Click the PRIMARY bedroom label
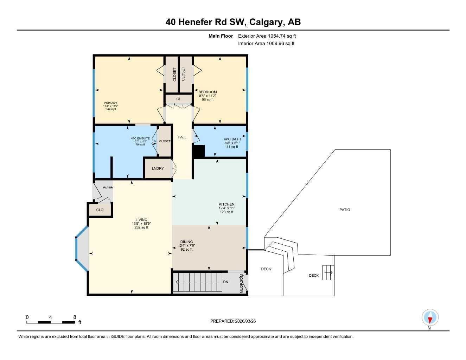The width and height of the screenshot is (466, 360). (110, 103)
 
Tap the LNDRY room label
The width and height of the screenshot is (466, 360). (158, 168)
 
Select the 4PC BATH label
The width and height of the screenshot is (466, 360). (232, 139)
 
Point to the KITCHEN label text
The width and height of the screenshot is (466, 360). (226, 204)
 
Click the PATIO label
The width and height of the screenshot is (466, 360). (345, 210)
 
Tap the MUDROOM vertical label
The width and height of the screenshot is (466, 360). (242, 284)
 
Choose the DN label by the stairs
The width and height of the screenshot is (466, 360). (226, 282)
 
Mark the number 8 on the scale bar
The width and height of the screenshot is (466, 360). (75, 317)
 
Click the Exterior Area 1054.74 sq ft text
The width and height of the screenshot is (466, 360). (267, 36)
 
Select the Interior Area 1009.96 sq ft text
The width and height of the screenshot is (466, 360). (266, 44)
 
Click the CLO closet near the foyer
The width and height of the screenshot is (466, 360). (100, 210)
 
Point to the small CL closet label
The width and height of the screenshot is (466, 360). (179, 99)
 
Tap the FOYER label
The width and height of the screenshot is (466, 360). (108, 187)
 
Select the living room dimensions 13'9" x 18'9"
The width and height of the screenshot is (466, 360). (141, 224)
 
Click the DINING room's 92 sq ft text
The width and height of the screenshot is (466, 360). (186, 250)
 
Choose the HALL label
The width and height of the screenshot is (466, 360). (182, 137)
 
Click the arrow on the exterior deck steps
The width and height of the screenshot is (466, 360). (329, 272)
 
